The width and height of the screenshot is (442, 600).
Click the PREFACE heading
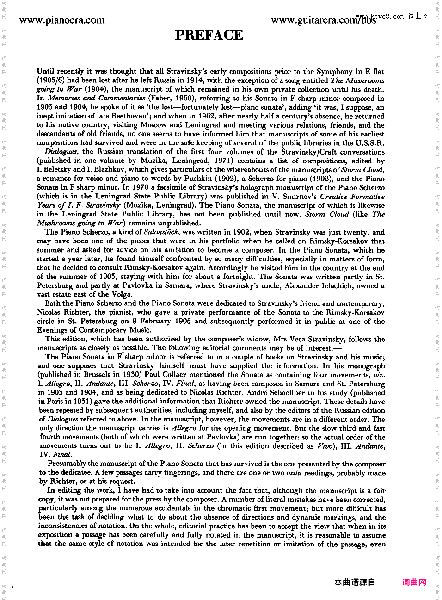209,35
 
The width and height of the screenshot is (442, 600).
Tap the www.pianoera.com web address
62,20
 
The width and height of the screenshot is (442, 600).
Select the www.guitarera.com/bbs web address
323,20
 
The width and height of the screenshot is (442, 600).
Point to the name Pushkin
198,179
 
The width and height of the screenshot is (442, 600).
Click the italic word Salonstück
161,232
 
